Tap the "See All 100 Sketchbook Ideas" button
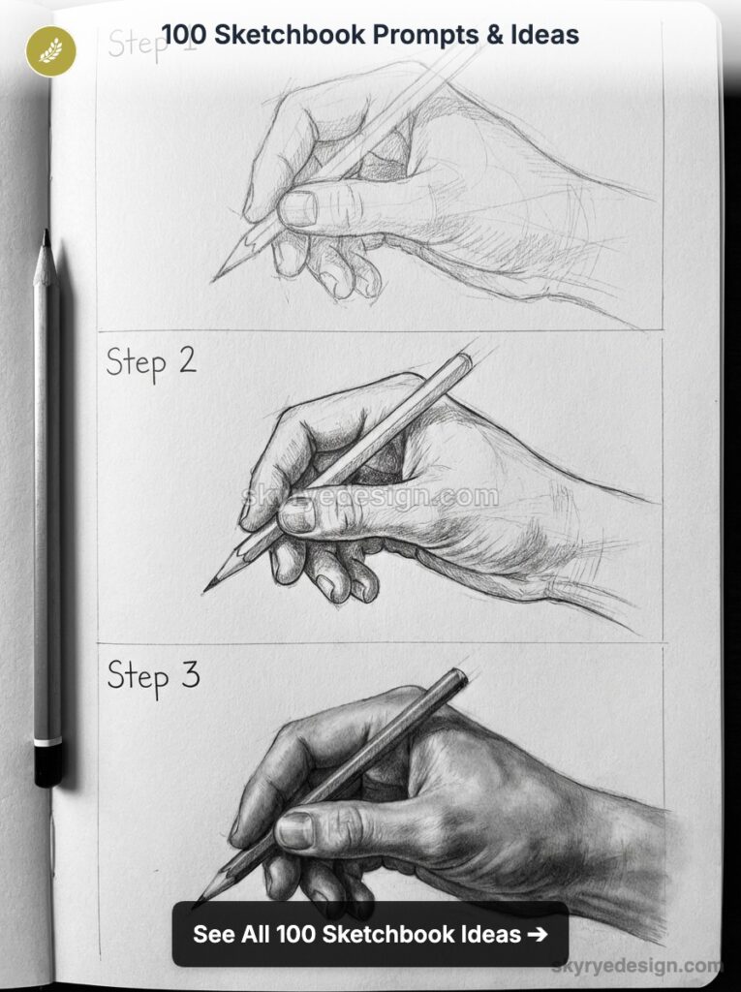coord(370,934)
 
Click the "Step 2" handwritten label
coord(151,362)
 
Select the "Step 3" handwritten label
coord(153,675)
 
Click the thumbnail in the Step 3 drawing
coord(295,830)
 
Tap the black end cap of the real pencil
coord(47,766)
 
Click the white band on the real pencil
coord(47,742)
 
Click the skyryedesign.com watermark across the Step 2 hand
coord(370,497)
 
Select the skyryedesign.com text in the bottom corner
coord(636,965)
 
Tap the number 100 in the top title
coord(183,36)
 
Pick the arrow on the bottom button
coord(537,934)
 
